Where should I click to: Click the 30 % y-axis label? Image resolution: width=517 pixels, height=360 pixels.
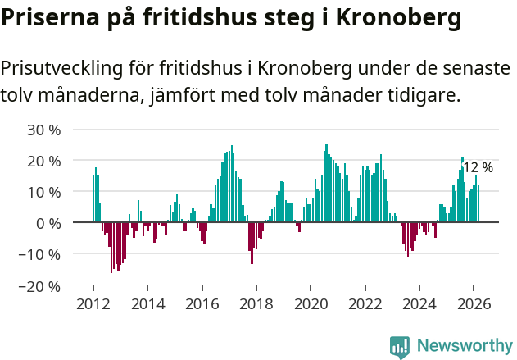(44, 130)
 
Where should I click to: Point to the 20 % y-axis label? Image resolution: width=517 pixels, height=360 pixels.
(44, 161)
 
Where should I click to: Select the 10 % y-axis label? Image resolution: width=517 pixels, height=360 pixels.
(44, 192)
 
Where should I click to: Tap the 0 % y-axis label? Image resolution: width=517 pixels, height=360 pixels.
(48, 223)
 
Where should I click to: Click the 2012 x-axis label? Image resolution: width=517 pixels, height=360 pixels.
(93, 303)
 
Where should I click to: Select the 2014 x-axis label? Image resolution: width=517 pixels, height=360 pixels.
(147, 303)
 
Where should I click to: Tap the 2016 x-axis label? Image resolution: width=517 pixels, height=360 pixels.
(202, 303)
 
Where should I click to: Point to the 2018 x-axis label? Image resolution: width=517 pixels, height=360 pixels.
(256, 303)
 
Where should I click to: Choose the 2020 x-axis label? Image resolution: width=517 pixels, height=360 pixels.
(311, 303)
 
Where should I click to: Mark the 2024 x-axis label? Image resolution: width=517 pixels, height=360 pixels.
(419, 303)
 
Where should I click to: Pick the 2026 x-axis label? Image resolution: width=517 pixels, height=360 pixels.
(474, 303)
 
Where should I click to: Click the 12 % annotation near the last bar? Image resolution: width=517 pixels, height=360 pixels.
(478, 167)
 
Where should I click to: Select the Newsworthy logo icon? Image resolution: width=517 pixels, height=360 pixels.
(400, 346)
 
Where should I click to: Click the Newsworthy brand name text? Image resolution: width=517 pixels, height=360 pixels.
(464, 346)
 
